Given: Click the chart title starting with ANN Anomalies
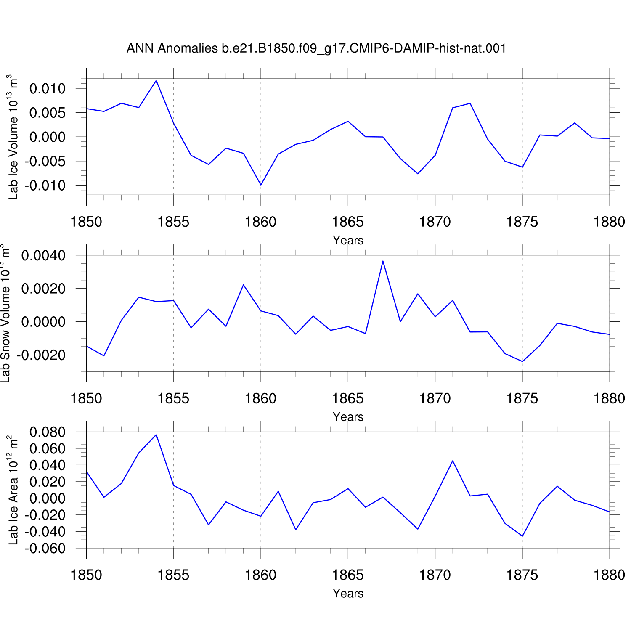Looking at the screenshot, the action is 316,48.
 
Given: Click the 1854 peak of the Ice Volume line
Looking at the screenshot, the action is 156,80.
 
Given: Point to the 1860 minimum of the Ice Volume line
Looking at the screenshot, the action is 261,185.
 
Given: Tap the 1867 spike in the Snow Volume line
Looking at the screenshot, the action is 383,261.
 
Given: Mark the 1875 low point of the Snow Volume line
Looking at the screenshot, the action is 522,361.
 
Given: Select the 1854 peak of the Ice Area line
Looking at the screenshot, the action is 156,435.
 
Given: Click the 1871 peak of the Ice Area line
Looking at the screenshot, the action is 453,461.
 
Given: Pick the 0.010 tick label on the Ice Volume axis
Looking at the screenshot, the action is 48,89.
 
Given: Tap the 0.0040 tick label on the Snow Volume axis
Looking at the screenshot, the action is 44,255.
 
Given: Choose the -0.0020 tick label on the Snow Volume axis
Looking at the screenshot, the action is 41,355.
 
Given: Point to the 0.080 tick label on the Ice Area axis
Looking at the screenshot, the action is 48,432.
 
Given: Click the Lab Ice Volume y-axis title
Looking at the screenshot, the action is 13,137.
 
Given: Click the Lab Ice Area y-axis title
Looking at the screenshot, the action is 13,490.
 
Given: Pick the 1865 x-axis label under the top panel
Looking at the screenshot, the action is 348,222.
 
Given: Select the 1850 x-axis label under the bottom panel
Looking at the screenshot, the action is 86,575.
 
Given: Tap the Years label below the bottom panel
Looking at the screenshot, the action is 348,593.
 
